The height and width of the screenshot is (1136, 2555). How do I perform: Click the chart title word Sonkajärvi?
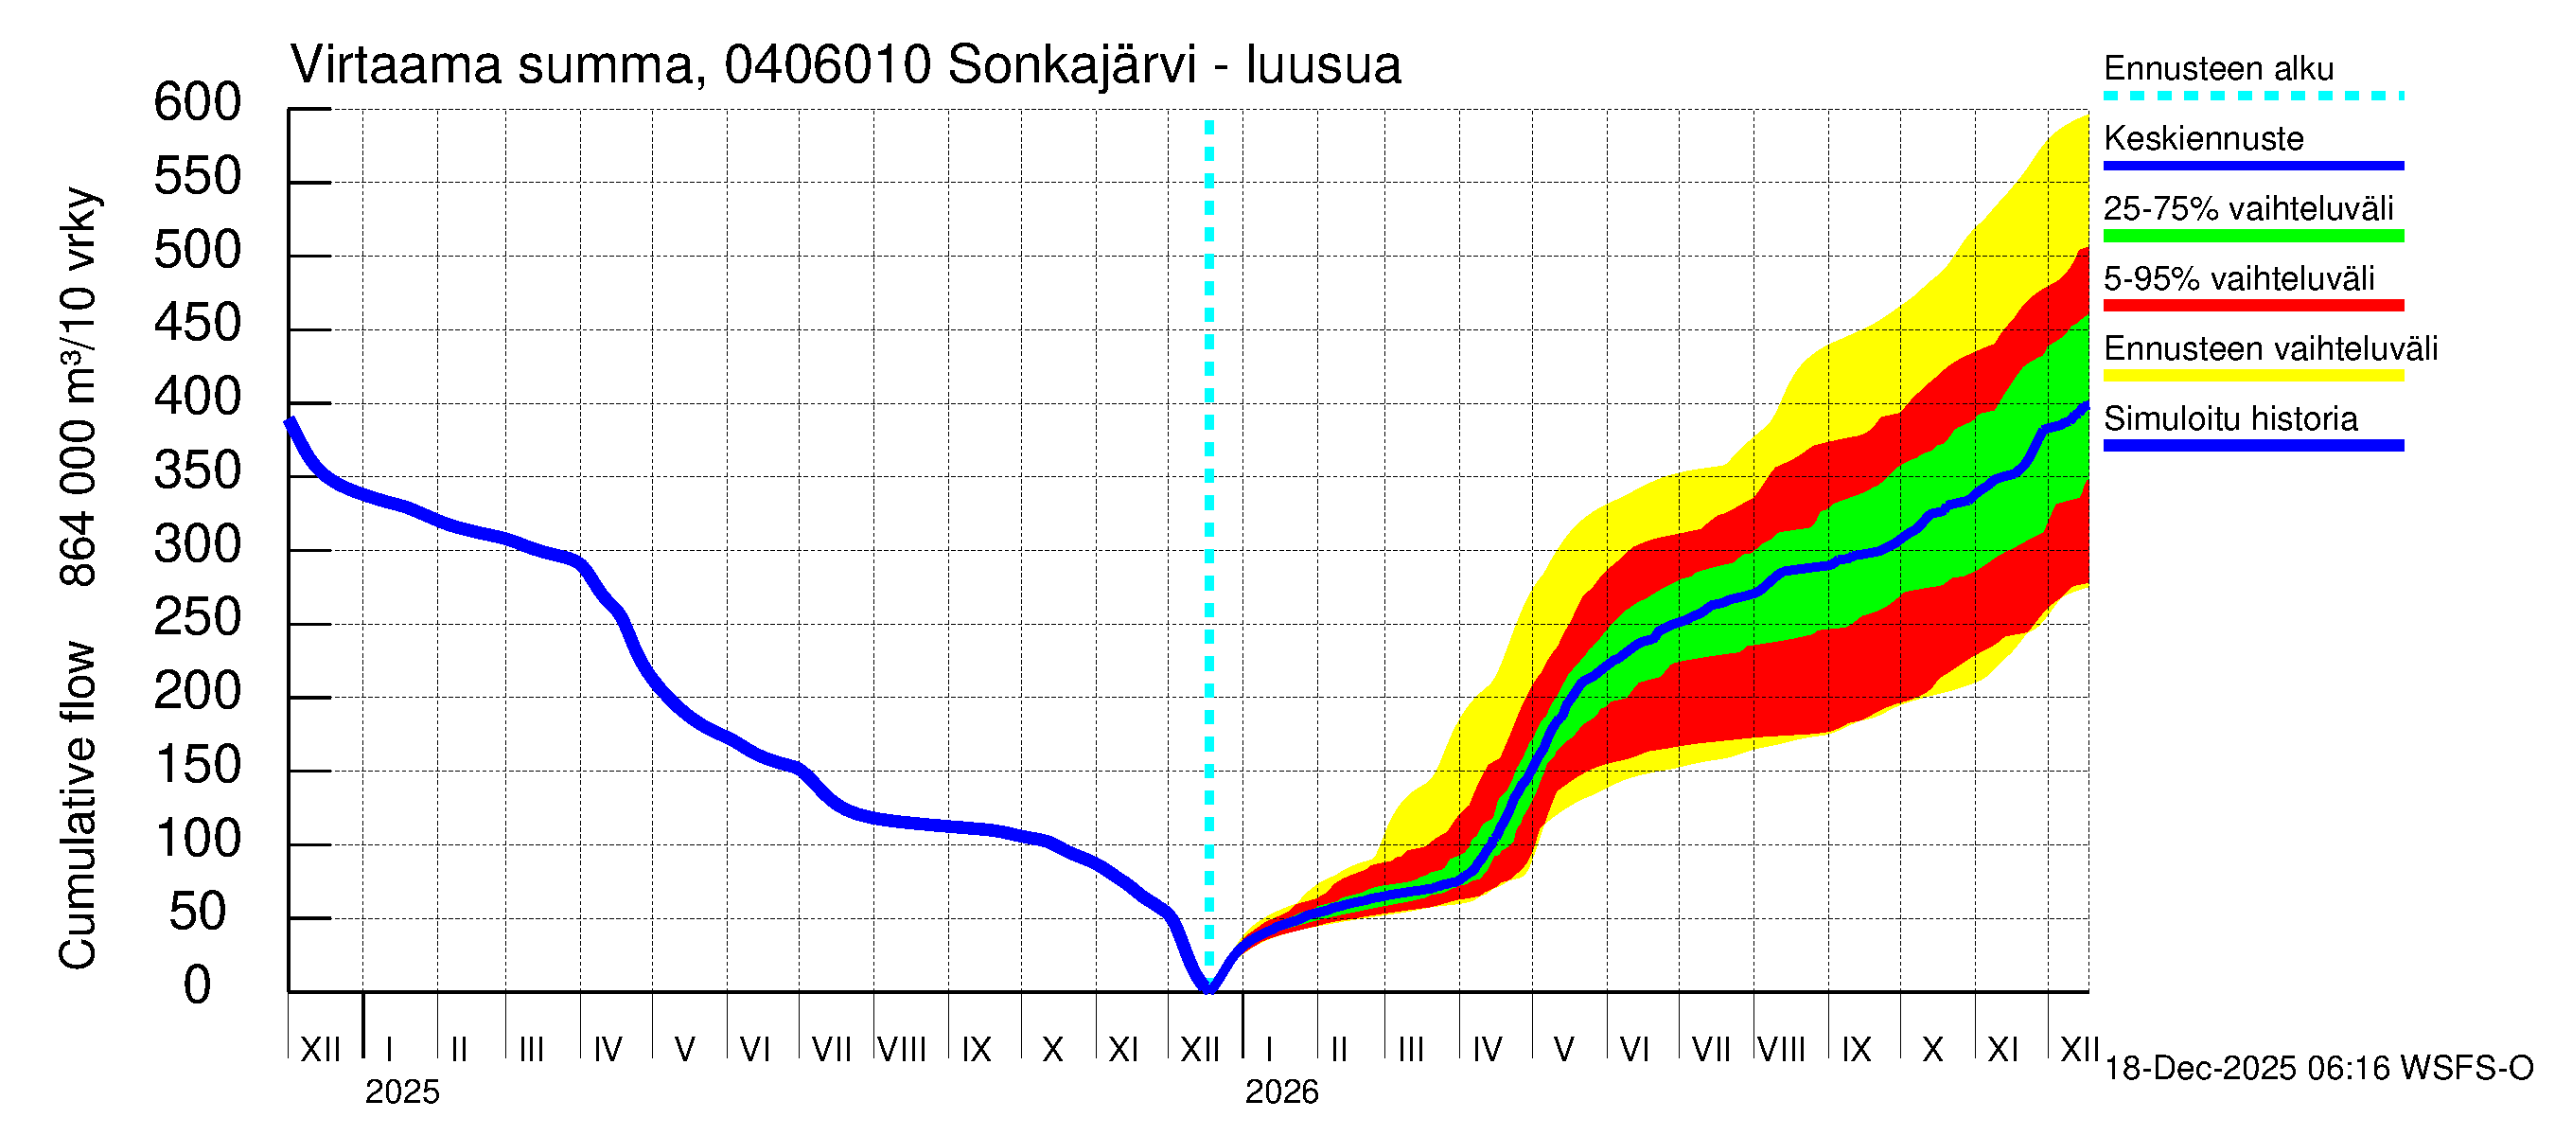1072,66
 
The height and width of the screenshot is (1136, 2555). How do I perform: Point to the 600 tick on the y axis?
198,103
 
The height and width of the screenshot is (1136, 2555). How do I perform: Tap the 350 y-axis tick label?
198,471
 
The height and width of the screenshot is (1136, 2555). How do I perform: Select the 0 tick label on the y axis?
198,986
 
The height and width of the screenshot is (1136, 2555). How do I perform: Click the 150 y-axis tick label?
198,766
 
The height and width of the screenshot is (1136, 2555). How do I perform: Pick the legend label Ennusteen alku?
2219,69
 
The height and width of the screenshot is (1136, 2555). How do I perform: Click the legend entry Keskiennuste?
2204,139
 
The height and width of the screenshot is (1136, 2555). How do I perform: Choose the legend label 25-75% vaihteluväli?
2248,209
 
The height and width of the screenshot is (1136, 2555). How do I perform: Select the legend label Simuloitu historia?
2230,419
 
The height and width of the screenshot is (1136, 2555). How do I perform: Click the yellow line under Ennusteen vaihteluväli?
2253,376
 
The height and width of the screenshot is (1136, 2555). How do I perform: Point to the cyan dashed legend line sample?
2253,97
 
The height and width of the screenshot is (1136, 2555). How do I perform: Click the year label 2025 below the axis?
401,1092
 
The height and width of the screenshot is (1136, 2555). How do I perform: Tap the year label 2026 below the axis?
1281,1092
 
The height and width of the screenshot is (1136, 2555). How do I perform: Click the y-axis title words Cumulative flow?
78,806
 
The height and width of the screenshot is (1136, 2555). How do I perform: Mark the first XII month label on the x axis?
320,1050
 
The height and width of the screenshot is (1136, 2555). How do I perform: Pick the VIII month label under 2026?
1781,1050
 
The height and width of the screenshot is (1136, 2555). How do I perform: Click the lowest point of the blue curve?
1209,987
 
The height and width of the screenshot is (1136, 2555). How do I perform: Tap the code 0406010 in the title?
828,66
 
